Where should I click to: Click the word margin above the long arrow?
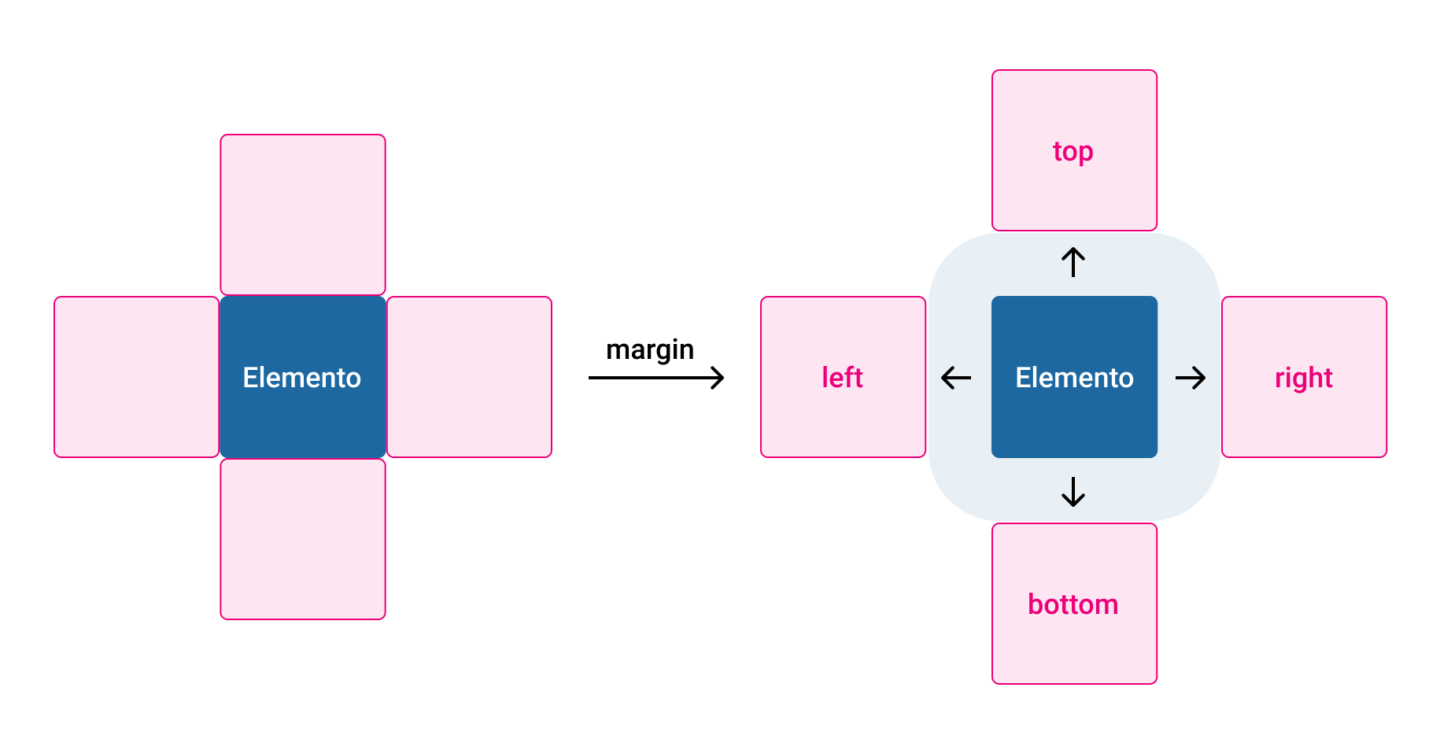click(x=650, y=349)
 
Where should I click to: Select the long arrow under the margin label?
click(x=655, y=378)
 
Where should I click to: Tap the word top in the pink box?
click(x=1073, y=151)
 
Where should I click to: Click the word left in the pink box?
click(x=842, y=378)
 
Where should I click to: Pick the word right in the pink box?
click(x=1303, y=378)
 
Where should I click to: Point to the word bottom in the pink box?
click(x=1073, y=604)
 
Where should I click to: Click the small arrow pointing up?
click(x=1073, y=262)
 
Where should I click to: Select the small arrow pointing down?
click(x=1073, y=492)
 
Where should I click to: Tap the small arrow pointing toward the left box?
click(x=956, y=378)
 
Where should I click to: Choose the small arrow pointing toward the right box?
click(x=1191, y=378)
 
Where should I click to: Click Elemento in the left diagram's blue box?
click(x=302, y=378)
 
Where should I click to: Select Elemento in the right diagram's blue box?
click(x=1074, y=378)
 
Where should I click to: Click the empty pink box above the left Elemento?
click(x=303, y=215)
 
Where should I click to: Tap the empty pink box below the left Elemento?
click(x=303, y=539)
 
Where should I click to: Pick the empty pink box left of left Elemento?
click(x=136, y=377)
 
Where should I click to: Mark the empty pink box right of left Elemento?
click(x=470, y=377)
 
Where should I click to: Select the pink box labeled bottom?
click(x=1074, y=645)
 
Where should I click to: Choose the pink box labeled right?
click(x=1304, y=417)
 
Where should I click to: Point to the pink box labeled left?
click(x=843, y=417)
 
